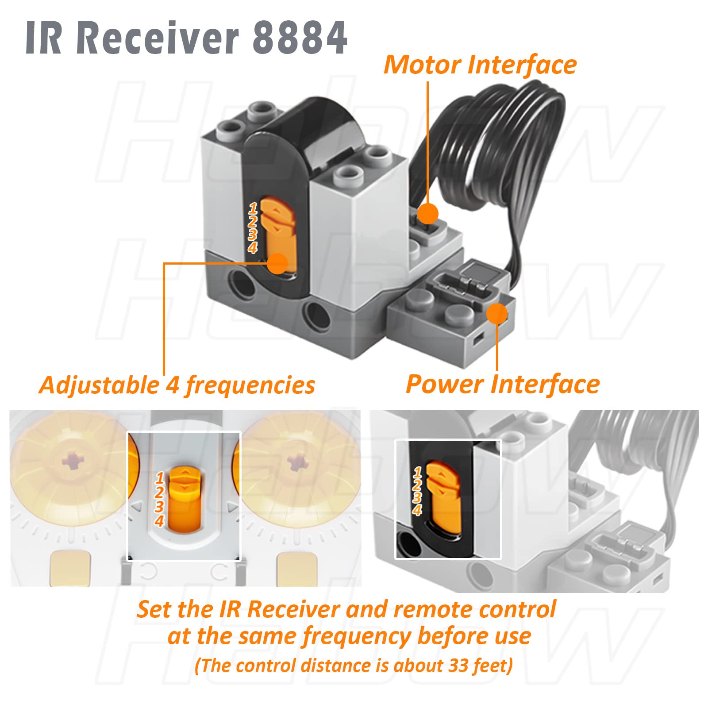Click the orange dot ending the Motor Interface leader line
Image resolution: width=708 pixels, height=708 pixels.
(x=427, y=214)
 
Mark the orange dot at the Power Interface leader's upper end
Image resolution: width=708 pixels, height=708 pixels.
(x=497, y=314)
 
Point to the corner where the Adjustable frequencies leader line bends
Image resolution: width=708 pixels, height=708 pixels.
(x=164, y=264)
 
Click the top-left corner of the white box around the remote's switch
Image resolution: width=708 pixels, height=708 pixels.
(x=127, y=432)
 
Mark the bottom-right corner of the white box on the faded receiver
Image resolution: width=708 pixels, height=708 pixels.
(x=501, y=559)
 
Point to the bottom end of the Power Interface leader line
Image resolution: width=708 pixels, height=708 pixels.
(x=497, y=370)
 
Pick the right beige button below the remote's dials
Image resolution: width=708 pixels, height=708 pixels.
(x=296, y=568)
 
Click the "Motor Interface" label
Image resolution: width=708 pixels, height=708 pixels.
(x=480, y=65)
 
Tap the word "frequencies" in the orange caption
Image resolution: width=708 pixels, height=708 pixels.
(x=250, y=385)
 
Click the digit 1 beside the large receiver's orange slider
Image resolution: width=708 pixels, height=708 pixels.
(x=253, y=208)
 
